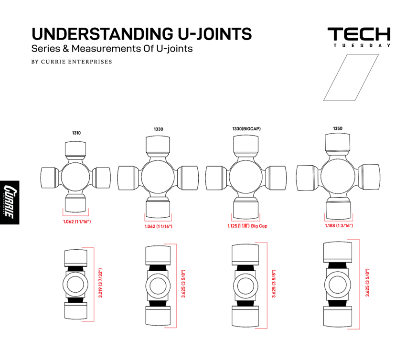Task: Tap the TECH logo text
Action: coord(359,34)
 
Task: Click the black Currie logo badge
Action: coord(10,202)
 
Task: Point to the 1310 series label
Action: coord(76,133)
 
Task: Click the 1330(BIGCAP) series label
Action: coord(246,129)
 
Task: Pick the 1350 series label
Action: coord(338,128)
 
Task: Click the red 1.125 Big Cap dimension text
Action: coord(247,226)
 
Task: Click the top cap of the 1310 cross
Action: coord(76,149)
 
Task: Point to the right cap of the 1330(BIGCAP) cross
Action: coord(277,176)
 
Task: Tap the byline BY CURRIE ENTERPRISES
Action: coord(72,62)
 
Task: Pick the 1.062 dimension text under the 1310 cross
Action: coord(77,222)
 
